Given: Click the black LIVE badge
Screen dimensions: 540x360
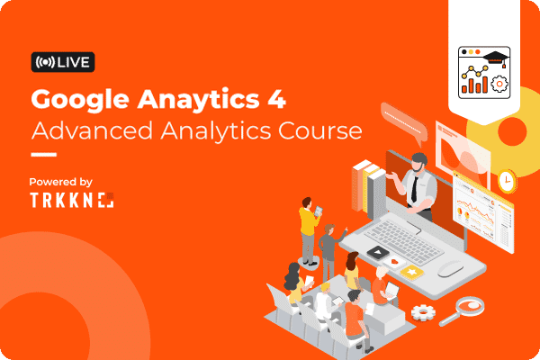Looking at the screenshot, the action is (x=63, y=62).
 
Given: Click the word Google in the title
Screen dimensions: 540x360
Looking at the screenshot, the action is (x=80, y=100).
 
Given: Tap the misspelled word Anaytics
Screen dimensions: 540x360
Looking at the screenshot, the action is (x=198, y=100).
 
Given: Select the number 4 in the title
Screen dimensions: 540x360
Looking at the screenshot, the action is (x=276, y=98).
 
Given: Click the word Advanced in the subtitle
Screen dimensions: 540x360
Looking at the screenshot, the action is (x=92, y=130).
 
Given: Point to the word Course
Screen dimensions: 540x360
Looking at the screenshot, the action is (x=320, y=131).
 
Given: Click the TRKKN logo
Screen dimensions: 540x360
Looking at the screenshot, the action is (x=72, y=200).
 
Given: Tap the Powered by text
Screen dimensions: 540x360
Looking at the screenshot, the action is (x=60, y=182).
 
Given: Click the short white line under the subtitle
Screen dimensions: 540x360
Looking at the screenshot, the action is (x=44, y=155).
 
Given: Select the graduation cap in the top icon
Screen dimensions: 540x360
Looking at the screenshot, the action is (x=495, y=58).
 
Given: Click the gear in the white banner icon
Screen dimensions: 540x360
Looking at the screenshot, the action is (x=499, y=84).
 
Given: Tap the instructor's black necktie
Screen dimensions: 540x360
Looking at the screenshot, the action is (x=415, y=189).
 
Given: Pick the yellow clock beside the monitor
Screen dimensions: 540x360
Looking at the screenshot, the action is (x=507, y=181).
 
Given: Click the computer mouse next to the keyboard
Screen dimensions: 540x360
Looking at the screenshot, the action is (x=451, y=268).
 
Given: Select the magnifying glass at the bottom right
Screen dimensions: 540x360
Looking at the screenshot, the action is (x=463, y=310).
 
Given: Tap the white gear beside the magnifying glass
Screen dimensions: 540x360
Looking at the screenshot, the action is (x=423, y=312).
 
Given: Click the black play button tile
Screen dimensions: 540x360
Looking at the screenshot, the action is (x=378, y=253).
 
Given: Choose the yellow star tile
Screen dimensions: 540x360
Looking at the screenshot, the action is (x=412, y=272).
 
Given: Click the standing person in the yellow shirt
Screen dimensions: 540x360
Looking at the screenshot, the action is (x=309, y=230).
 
